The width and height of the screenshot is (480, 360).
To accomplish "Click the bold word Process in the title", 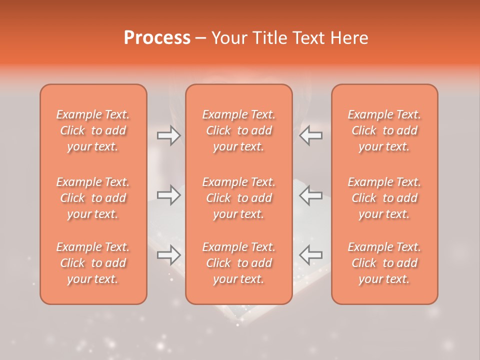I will coord(157,38).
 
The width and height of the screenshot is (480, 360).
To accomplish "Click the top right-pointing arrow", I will coord(168,135).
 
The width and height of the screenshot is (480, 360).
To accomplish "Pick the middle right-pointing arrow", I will coord(168,195).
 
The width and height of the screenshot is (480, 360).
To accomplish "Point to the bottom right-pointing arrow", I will coord(168,255).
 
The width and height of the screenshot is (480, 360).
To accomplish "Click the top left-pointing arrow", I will coord(311,135).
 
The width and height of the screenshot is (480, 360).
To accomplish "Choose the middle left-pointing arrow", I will coord(311,195).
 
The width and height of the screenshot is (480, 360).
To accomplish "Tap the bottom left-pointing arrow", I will coord(311,255).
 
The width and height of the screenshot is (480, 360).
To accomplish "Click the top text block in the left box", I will coord(93,130).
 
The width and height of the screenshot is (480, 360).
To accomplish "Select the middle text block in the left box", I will coord(93,198).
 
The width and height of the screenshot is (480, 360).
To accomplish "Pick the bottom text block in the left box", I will coord(93,263).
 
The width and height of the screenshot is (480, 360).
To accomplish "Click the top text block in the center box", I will coord(239,130).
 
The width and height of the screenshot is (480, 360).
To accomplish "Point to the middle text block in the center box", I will coord(239,198).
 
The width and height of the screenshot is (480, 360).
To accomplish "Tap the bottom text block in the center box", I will coord(239,263).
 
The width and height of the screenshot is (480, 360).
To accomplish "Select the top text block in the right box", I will coord(384,130).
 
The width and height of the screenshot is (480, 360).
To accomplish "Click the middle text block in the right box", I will coord(384,198).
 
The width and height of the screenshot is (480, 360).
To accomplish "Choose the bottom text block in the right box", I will coord(384,263).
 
